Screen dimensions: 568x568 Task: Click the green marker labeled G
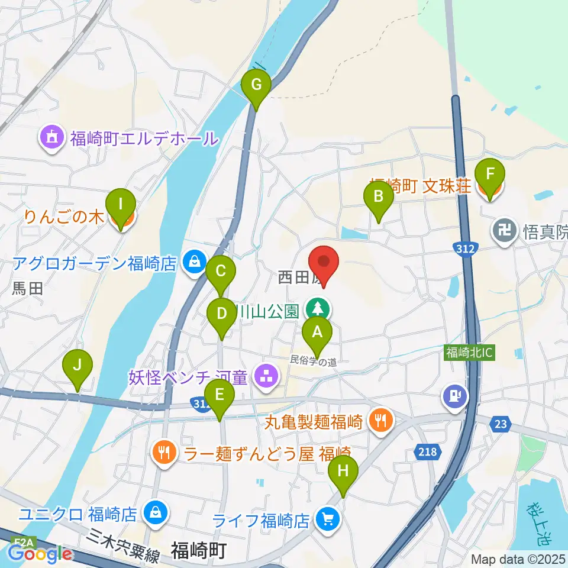click(256, 85)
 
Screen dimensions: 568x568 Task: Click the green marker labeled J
click(78, 365)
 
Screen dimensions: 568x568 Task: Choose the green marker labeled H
click(343, 471)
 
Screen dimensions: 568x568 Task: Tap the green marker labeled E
click(220, 395)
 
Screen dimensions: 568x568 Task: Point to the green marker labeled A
click(317, 332)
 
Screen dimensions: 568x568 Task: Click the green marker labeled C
click(221, 272)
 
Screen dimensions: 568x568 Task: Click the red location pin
click(324, 261)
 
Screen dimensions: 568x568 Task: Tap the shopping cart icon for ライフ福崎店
click(326, 520)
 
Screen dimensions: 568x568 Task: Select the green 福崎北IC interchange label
click(470, 353)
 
